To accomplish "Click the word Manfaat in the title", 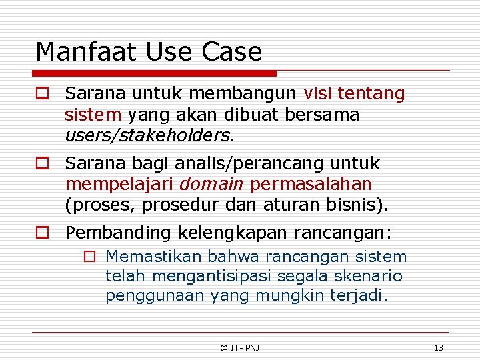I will click(76, 51).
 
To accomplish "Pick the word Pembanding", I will click(119, 233).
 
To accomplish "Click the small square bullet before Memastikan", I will click(89, 257).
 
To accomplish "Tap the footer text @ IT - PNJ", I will click(239, 347).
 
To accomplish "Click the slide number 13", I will click(438, 347).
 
